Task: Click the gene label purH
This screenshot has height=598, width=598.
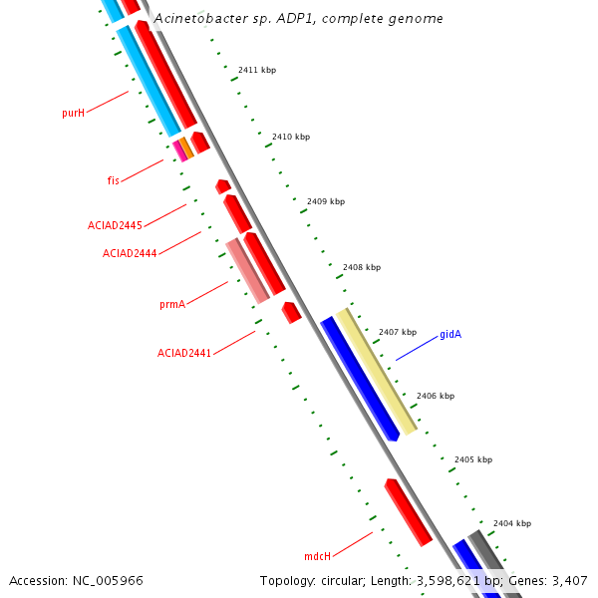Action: (73, 114)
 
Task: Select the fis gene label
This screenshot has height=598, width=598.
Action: (114, 180)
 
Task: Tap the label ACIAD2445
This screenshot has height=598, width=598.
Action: (115, 226)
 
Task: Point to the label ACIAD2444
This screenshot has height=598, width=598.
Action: (130, 253)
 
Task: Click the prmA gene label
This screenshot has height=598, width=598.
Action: (172, 304)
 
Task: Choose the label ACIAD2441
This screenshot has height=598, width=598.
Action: (184, 353)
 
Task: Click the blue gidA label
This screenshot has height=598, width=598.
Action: (450, 335)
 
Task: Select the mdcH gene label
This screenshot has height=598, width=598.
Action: (317, 556)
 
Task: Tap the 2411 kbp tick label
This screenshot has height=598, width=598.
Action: (257, 70)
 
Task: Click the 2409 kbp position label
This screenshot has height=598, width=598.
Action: (326, 201)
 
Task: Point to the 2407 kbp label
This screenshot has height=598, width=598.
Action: (398, 332)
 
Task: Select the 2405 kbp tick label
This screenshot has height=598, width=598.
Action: (473, 459)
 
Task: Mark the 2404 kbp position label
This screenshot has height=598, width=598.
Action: (512, 523)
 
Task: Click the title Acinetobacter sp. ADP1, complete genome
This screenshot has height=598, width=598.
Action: (299, 19)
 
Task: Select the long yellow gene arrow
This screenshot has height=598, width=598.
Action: (377, 371)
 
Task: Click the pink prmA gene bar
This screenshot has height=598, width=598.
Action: (247, 271)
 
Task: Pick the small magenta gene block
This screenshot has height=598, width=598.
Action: (179, 149)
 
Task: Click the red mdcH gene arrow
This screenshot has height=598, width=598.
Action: (409, 512)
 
